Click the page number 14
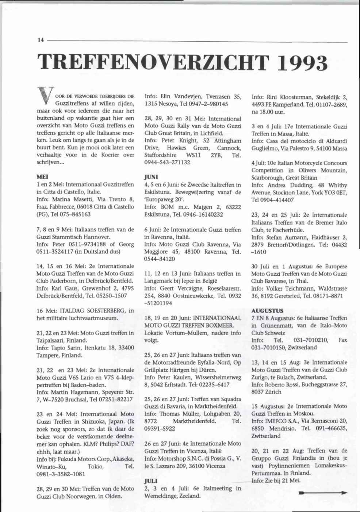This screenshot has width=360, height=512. pyautogui.click(x=39, y=41)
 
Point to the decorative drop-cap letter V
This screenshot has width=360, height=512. pyautogui.click(x=46, y=98)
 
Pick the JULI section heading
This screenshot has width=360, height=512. pyautogui.click(x=151, y=481)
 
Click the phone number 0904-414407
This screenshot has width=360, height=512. pyautogui.click(x=277, y=200)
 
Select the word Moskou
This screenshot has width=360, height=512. pyautogui.click(x=304, y=413)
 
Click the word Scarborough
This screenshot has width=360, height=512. pyautogui.click(x=267, y=178)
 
